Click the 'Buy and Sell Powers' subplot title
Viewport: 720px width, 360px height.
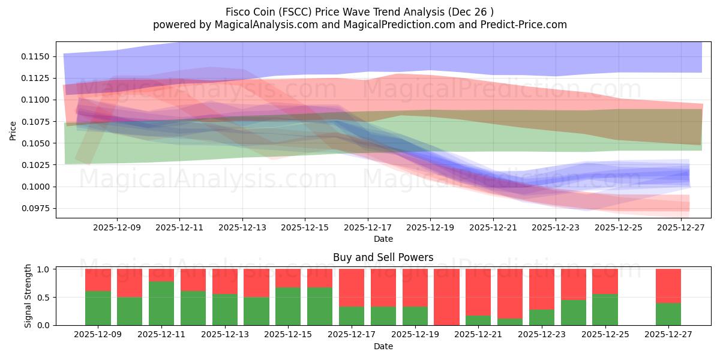383,257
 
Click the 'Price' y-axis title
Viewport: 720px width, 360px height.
13,130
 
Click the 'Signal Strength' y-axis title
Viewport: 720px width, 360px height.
28,296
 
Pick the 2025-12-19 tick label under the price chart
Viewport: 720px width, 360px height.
430,227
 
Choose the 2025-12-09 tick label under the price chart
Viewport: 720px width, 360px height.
117,227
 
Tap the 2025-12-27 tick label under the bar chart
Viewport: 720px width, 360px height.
668,334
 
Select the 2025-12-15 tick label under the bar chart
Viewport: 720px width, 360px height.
288,334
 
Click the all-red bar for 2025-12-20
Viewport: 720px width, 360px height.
446,297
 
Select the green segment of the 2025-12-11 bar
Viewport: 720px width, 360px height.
161,303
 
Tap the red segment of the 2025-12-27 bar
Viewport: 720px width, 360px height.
668,286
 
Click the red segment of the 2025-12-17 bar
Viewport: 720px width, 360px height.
352,287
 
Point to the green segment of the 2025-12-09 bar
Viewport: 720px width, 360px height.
98,308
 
